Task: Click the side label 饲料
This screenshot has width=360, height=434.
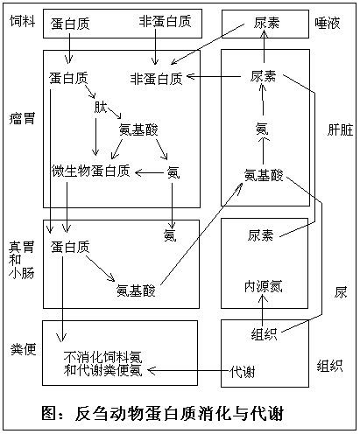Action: pos(23,21)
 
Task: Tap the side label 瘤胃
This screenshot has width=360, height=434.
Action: pos(23,119)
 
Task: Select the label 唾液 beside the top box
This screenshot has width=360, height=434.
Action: pos(328,23)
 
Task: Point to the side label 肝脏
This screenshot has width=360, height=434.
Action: pos(340,129)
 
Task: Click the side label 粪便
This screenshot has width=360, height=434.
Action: pos(23,349)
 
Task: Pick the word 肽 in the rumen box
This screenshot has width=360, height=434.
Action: pos(101,107)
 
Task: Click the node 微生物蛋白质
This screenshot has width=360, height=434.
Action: pos(90,171)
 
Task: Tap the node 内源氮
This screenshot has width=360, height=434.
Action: pos(264,286)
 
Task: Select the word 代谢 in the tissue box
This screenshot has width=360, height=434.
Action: pos(243,372)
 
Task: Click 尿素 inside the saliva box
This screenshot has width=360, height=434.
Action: pos(266,23)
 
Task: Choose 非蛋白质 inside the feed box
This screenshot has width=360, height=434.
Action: pos(165,21)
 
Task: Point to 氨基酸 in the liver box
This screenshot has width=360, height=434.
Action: pos(264,175)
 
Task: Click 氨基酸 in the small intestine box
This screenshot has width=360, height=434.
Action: pos(136,290)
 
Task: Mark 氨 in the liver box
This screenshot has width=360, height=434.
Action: pos(262,129)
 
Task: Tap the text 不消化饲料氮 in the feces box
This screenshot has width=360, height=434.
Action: pos(102,357)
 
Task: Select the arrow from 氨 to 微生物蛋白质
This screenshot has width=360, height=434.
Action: pos(149,173)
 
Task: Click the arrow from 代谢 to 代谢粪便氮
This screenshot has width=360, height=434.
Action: pos(188,371)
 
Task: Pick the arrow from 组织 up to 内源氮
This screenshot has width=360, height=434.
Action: pos(263,310)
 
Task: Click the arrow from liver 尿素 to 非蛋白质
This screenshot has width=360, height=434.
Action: pos(214,77)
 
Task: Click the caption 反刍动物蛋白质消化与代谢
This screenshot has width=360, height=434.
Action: pos(180,413)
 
